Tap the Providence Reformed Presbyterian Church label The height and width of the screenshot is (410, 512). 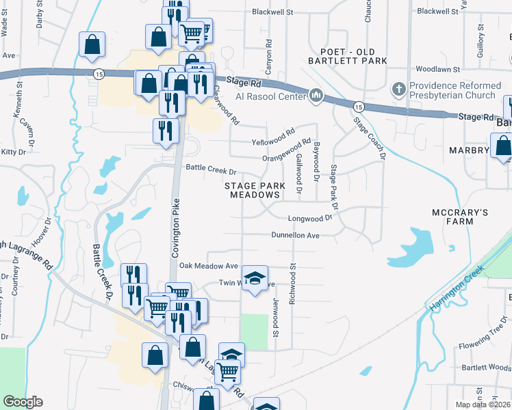click(x=452, y=91)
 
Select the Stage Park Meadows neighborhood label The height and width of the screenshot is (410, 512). click(x=253, y=190)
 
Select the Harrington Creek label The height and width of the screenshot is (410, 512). click(x=457, y=288)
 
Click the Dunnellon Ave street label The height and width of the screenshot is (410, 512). click(x=296, y=235)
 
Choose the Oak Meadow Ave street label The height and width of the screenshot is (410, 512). click(x=208, y=266)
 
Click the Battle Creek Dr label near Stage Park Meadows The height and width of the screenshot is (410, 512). click(x=211, y=172)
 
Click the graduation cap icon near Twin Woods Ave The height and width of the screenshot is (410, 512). click(x=255, y=278)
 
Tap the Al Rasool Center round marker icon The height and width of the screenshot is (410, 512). click(x=316, y=96)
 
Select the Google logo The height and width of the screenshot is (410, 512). click(x=23, y=402)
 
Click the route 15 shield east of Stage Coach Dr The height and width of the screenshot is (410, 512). click(x=358, y=106)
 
